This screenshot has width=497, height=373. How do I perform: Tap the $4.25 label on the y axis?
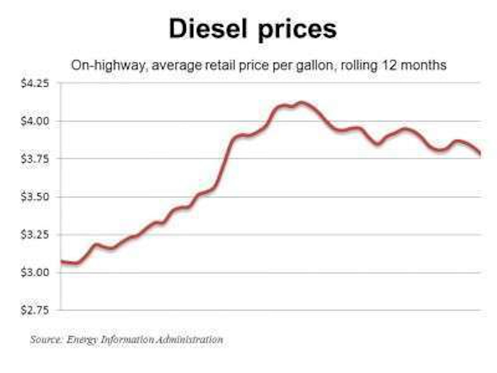click(x=35, y=83)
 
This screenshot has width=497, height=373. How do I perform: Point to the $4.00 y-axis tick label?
click(x=35, y=121)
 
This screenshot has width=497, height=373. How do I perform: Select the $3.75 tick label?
click(x=35, y=159)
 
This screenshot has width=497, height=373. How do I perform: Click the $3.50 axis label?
click(x=35, y=196)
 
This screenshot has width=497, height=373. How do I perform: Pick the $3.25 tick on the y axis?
click(x=35, y=235)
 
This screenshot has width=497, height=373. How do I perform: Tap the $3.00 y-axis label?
click(x=35, y=272)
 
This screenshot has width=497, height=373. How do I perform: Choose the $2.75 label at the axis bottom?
click(x=35, y=310)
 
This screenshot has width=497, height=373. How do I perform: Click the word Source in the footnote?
click(x=45, y=339)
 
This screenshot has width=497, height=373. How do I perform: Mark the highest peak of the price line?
click(x=302, y=102)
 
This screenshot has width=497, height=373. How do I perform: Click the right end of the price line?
click(x=480, y=154)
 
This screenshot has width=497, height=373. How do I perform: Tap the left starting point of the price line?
click(x=61, y=262)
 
